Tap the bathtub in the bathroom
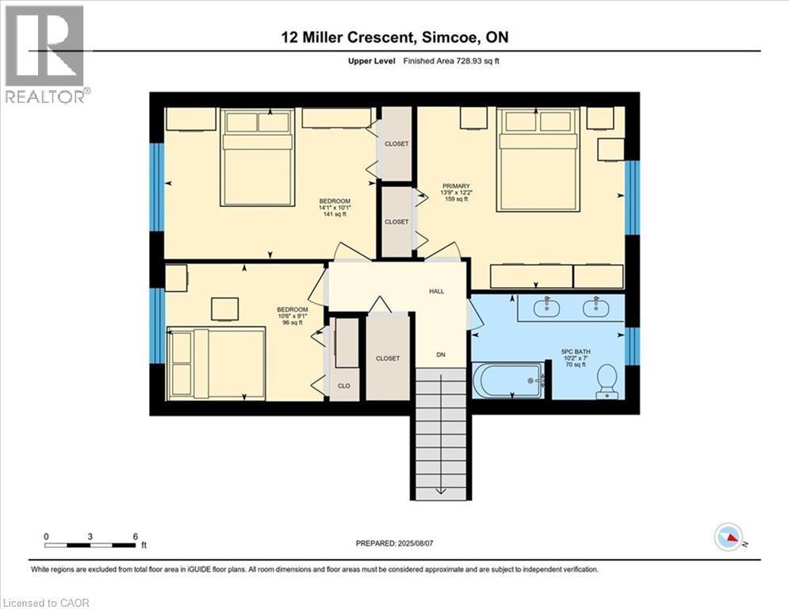[508, 380]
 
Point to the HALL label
[437, 291]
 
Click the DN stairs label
[441, 354]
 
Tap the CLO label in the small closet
[344, 385]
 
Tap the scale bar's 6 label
[135, 536]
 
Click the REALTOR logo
[45, 54]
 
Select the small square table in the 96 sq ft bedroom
[225, 308]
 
